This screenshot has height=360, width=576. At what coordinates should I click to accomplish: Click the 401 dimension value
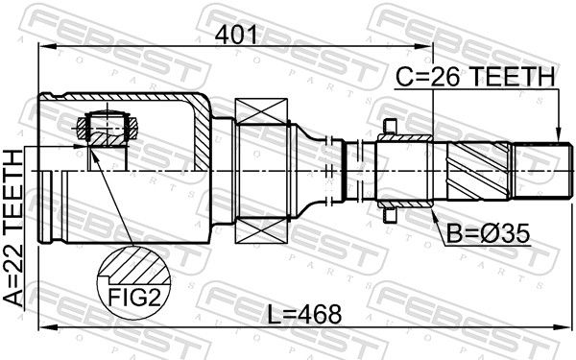[236, 36]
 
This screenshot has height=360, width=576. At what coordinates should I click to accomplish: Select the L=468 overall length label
[304, 315]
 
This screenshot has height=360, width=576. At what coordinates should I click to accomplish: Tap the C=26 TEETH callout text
[475, 77]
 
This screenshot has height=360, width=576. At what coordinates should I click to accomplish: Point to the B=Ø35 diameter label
[489, 234]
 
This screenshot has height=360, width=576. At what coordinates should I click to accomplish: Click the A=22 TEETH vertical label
[13, 228]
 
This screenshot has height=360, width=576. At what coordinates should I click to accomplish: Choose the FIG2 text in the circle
[134, 298]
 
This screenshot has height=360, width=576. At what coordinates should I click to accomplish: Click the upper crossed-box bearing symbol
[261, 111]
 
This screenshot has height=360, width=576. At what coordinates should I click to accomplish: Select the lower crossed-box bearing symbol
[261, 230]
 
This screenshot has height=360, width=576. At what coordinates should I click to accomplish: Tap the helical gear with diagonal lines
[478, 171]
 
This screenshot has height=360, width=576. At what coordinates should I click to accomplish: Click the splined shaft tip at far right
[542, 171]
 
